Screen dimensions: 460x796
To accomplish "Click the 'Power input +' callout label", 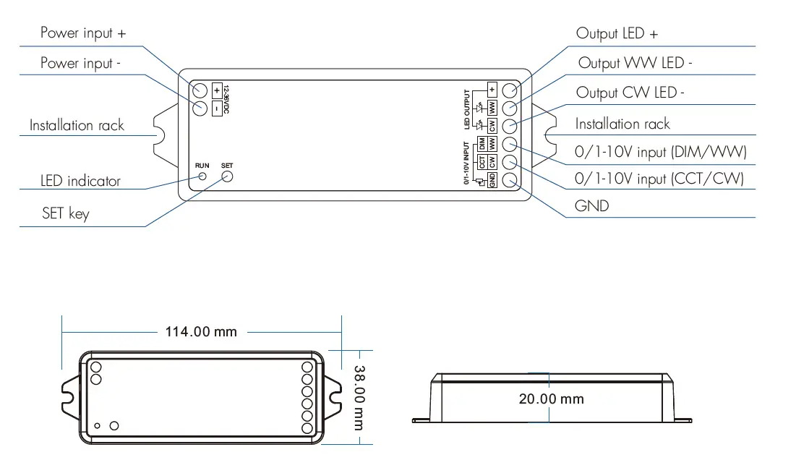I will click(x=83, y=33).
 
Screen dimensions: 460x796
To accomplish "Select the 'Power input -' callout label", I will click(x=80, y=64).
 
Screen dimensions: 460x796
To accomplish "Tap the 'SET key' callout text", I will click(x=66, y=213).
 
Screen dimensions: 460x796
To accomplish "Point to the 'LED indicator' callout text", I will click(x=80, y=181).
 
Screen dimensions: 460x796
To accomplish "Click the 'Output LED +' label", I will click(x=617, y=34).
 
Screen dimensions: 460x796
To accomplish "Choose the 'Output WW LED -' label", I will click(x=635, y=64).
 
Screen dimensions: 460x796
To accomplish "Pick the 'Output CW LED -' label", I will click(x=630, y=93).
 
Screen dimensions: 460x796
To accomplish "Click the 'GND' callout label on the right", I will click(x=591, y=206).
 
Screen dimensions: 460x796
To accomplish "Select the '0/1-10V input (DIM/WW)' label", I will click(x=660, y=153).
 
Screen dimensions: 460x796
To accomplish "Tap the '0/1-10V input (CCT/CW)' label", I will click(x=659, y=178).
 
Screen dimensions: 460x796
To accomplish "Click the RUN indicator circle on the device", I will click(x=203, y=176).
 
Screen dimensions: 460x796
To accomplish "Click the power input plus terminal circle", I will click(x=200, y=90).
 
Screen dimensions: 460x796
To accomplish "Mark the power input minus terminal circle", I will click(x=200, y=108).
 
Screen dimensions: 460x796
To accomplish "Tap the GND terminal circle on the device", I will click(x=509, y=180).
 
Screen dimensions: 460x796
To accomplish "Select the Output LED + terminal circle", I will click(x=509, y=90).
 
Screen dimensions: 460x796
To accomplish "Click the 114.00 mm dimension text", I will click(x=201, y=332).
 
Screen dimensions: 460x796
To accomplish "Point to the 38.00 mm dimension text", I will click(x=359, y=397).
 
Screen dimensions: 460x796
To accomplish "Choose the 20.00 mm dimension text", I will click(x=551, y=399).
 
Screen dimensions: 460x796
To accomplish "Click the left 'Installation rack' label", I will click(x=77, y=126).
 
